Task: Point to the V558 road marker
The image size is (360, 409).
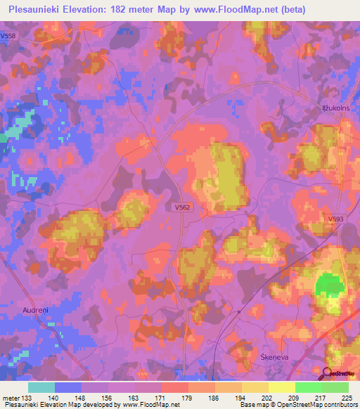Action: [x=8, y=35]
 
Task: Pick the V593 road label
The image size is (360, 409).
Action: [x=336, y=219]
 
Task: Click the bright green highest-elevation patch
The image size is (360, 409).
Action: [x=327, y=285]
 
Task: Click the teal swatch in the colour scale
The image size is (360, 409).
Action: [x=41, y=387]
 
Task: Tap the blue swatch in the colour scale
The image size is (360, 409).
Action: [x=67, y=387]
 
